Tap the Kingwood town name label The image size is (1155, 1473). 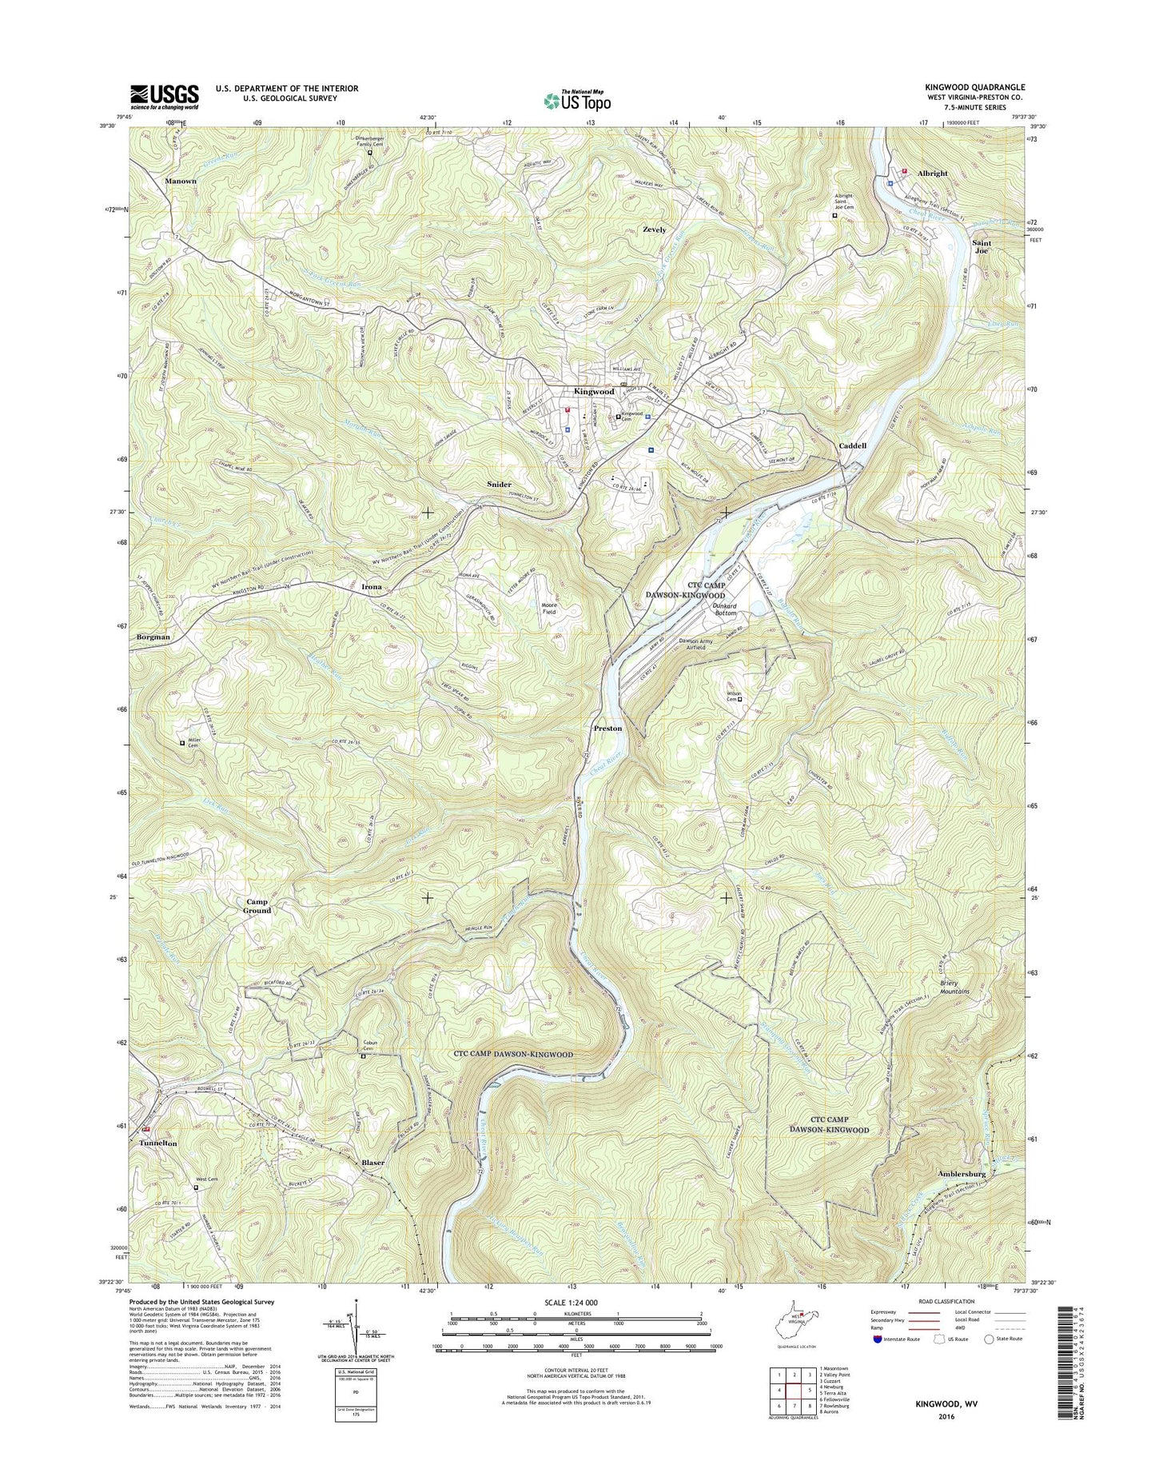594,392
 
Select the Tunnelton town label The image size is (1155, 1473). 157,1144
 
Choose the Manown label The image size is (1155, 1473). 181,182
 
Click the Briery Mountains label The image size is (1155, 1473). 950,987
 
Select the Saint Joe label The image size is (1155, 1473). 982,246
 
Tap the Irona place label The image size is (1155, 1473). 371,587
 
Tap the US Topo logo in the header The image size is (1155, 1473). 577,101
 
